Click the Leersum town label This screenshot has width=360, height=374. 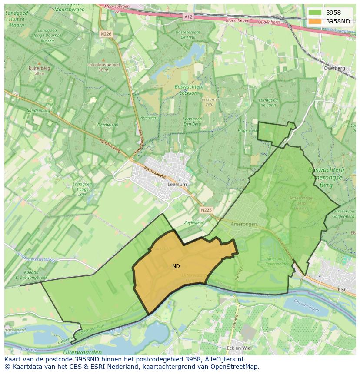[x=177, y=184]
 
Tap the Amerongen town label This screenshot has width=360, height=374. [x=244, y=224]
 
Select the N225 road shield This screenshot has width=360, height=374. [x=206, y=210]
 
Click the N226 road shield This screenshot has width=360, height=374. [x=106, y=33]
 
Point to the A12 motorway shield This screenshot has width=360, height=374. [x=188, y=17]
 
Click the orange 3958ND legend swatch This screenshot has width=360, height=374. [x=316, y=21]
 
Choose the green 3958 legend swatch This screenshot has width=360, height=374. [x=316, y=13]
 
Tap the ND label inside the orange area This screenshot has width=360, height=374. [x=176, y=266]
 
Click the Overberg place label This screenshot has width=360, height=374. [x=334, y=68]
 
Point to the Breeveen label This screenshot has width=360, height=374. [x=149, y=118]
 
